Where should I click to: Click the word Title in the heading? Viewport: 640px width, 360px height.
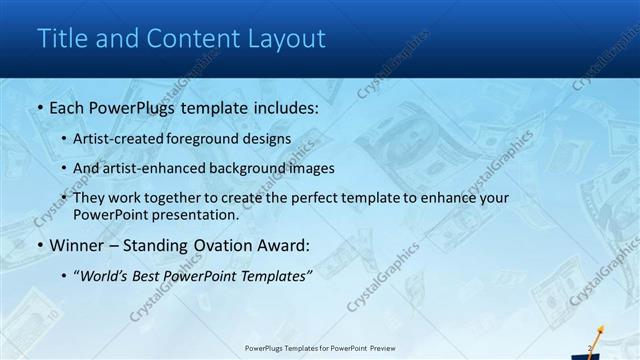(62, 39)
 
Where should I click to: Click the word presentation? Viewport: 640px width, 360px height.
(198, 215)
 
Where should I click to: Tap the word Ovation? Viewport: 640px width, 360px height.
(222, 246)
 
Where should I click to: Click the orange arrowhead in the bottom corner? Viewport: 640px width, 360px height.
(601, 327)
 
